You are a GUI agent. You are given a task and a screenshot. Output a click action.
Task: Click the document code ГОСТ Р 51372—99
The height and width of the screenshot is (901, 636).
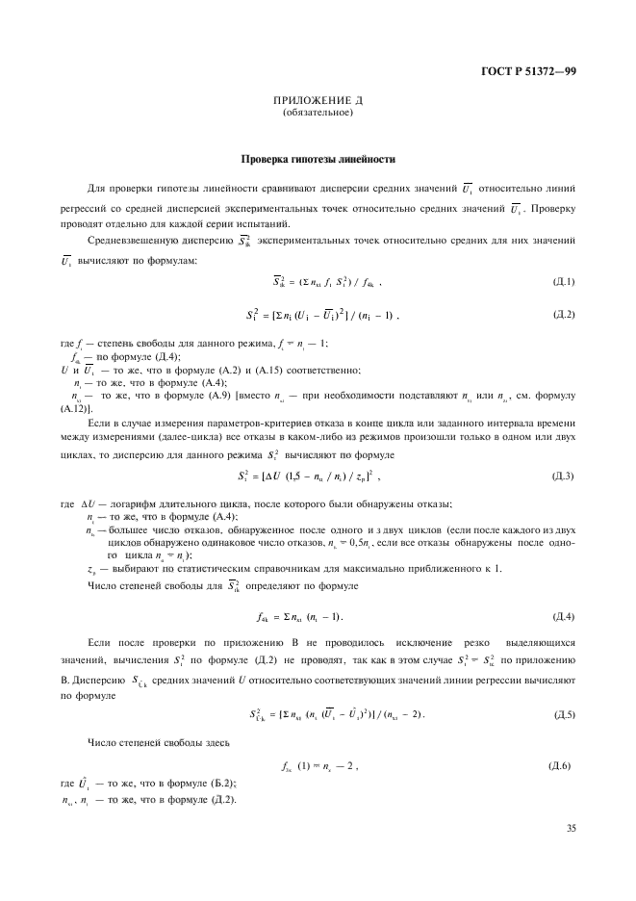(534, 71)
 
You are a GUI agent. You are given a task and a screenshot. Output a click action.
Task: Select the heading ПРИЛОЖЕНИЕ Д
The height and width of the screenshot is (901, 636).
(318, 101)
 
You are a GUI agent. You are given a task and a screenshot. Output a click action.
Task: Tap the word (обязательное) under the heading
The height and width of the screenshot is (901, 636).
(318, 114)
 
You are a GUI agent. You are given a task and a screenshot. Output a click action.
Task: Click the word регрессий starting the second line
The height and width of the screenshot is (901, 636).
(84, 206)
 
